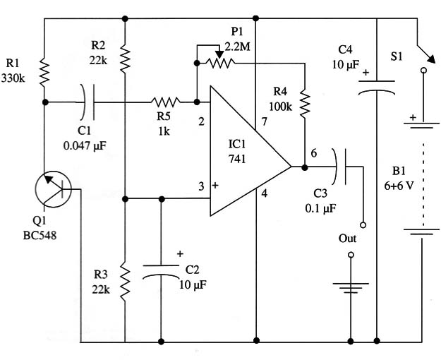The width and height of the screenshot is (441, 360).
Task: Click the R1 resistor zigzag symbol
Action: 44,72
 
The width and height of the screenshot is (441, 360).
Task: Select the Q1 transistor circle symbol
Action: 53,189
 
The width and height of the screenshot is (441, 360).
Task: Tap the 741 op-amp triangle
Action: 250,151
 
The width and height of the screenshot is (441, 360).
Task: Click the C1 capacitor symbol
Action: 87,102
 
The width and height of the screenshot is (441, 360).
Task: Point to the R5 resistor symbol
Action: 165,102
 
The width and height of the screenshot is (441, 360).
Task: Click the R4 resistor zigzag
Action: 305,103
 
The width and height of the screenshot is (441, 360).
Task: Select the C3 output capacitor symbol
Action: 339,167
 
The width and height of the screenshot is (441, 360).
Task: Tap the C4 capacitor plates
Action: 376,87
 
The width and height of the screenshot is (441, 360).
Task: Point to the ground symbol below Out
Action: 351,288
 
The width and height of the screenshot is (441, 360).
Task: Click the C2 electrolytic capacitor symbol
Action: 161,271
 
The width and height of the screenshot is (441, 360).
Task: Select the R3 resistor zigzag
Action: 125,280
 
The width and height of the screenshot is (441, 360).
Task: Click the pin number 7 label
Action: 264,121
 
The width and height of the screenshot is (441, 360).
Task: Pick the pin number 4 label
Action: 265,193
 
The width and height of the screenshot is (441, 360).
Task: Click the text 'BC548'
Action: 40,235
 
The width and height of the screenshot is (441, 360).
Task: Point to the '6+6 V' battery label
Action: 399,186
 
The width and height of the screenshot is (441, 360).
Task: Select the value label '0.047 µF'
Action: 85,146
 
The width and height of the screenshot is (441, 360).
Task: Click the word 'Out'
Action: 347,239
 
